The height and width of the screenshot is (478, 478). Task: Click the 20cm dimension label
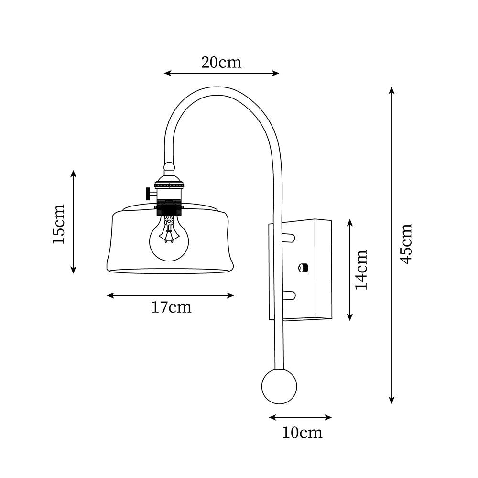[221, 62]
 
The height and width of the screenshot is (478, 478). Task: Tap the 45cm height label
[406, 243]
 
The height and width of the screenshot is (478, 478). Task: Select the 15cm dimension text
[58, 224]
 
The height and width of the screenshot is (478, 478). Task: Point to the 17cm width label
[171, 307]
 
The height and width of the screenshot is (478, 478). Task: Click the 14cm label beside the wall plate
[361, 269]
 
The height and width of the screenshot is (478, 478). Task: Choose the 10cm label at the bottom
[302, 433]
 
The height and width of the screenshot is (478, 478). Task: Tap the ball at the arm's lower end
[279, 386]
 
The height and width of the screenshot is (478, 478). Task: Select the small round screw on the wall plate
[302, 267]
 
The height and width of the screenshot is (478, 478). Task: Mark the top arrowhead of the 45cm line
[391, 89]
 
